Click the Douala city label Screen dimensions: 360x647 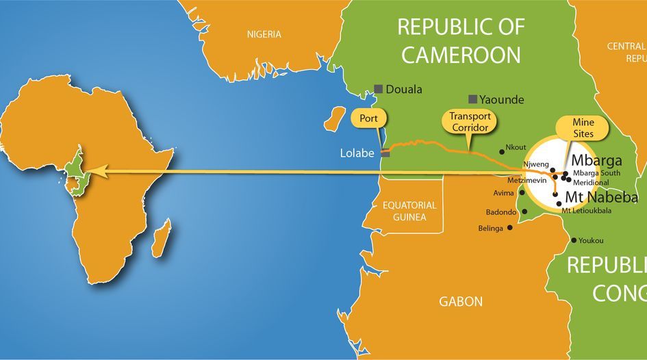click(404, 89)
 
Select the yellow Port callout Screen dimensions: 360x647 click(365, 118)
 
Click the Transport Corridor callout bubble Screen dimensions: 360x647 click(469, 121)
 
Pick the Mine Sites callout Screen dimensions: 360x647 click(574, 128)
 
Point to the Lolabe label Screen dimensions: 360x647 click(357, 153)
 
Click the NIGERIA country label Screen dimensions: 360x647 click(264, 34)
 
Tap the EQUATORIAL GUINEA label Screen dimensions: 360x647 click(405, 211)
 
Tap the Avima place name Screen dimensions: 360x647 click(503, 193)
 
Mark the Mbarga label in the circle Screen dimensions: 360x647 click(597, 162)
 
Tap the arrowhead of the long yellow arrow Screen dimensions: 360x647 click(99, 172)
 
